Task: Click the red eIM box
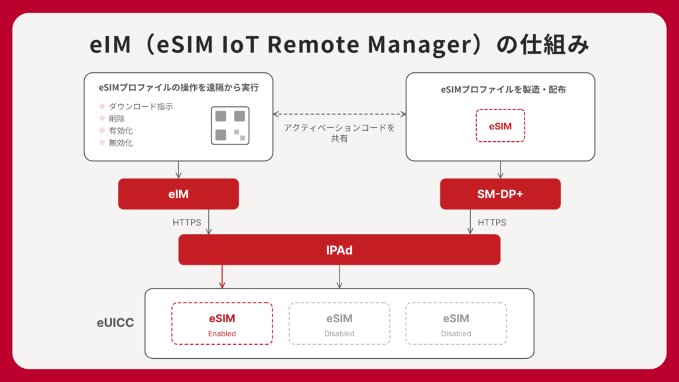(178, 194)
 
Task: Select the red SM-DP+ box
(500, 194)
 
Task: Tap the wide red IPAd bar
(339, 250)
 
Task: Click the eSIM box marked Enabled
(222, 324)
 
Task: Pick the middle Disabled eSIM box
(339, 324)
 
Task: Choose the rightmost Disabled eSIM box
(456, 324)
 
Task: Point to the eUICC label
(115, 323)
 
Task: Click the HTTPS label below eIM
(187, 223)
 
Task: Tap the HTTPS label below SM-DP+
(492, 223)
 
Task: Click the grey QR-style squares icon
(230, 125)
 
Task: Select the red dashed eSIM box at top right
(500, 125)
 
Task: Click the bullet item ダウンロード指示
(141, 107)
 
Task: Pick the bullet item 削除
(117, 119)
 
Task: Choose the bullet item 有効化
(121, 131)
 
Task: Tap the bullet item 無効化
(121, 143)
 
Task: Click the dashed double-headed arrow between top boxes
(339, 114)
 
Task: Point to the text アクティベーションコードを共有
(339, 133)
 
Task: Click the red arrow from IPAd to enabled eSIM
(222, 277)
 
